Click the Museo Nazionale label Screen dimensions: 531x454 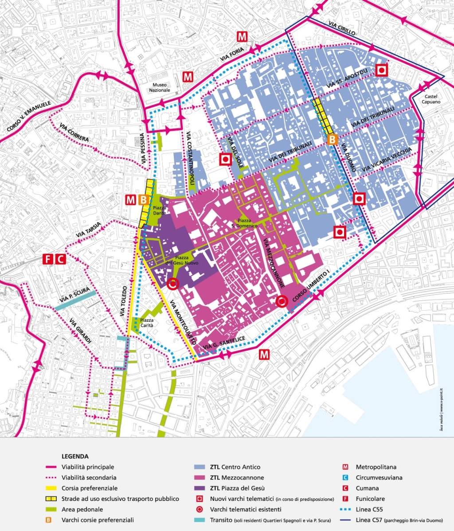(160, 87)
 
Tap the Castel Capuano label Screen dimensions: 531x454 (431, 99)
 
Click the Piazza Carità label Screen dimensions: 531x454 (147, 323)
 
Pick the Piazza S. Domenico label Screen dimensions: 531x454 (247, 223)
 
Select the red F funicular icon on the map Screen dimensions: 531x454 (48, 259)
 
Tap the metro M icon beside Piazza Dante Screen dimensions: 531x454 (130, 200)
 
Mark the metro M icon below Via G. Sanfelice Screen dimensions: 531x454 (264, 354)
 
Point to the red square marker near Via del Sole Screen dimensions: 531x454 (225, 160)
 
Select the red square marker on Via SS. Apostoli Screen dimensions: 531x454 (382, 70)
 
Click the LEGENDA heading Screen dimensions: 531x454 (75, 456)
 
